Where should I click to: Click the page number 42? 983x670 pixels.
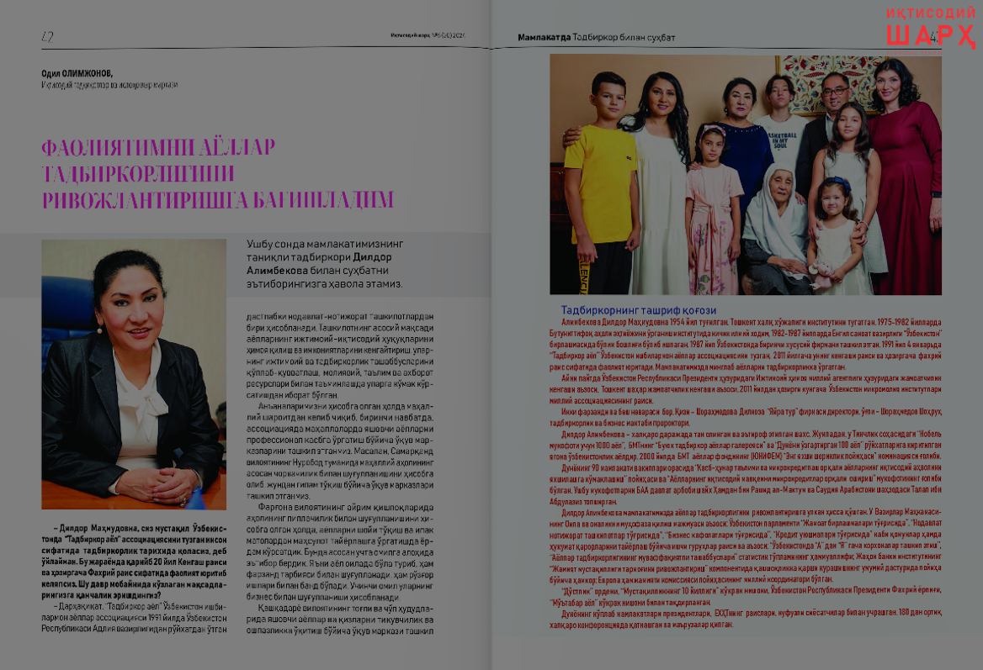point(47,35)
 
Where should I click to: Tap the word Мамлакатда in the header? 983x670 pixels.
point(543,37)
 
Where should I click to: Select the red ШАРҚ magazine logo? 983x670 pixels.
point(930,36)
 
